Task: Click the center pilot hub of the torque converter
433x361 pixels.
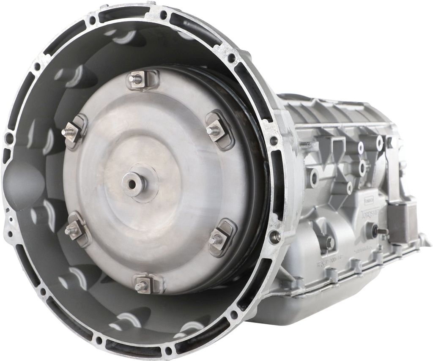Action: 134,183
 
